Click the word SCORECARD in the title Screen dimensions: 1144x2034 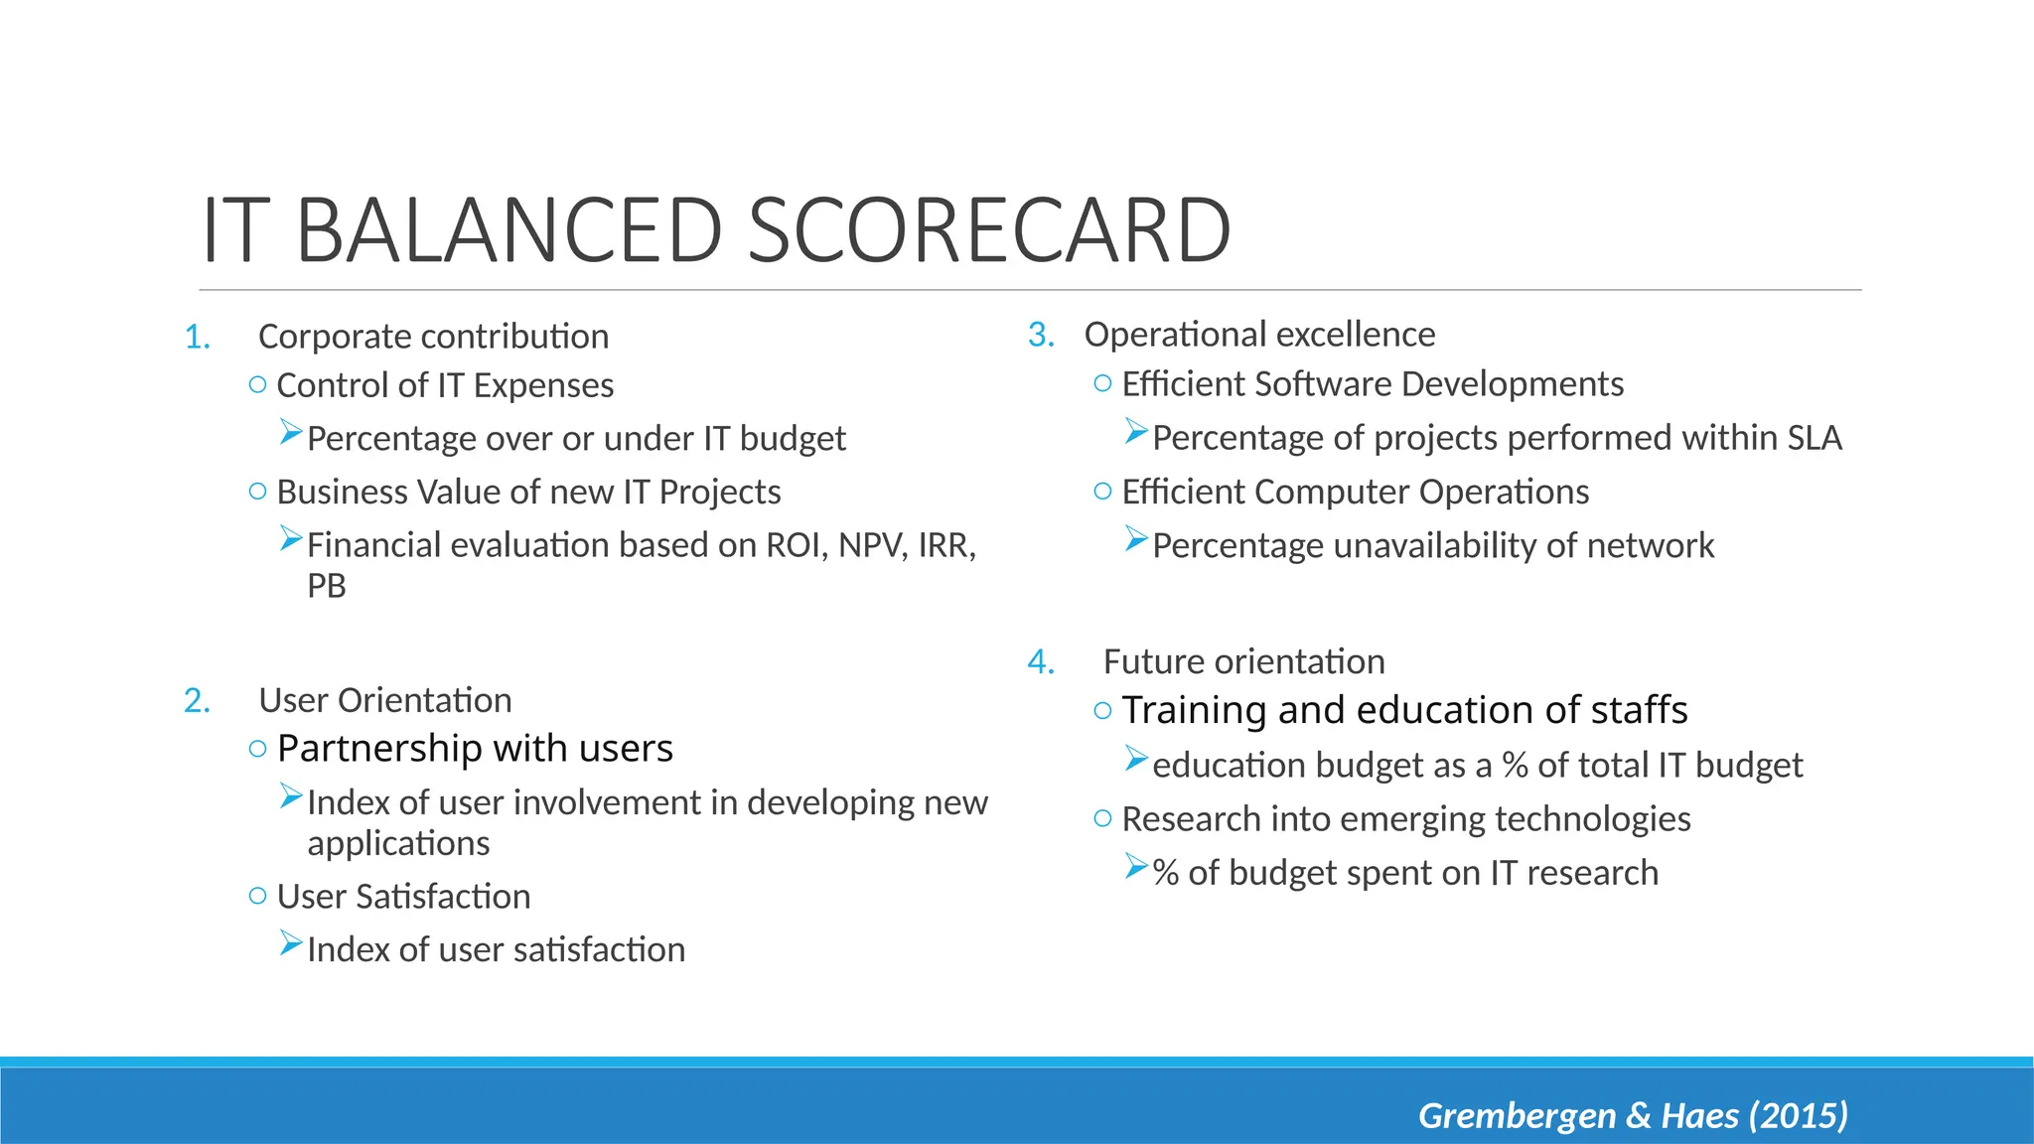pos(988,230)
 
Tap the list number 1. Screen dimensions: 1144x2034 pos(197,338)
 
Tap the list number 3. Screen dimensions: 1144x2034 pos(1040,335)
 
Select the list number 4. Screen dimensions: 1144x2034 pos(1040,661)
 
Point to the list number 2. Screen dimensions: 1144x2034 pos(197,701)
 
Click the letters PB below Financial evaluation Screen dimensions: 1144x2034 pos(327,586)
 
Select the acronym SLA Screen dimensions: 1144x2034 pos(1814,438)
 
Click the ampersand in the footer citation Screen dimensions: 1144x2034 pos(1638,1115)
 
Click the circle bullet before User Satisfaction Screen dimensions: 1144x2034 pos(257,896)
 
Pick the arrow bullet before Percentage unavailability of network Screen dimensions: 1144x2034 pos(1136,540)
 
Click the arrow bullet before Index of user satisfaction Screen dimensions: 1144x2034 pos(290,943)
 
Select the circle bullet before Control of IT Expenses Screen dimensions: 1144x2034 pos(257,384)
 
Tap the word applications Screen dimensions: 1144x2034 pos(398,843)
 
